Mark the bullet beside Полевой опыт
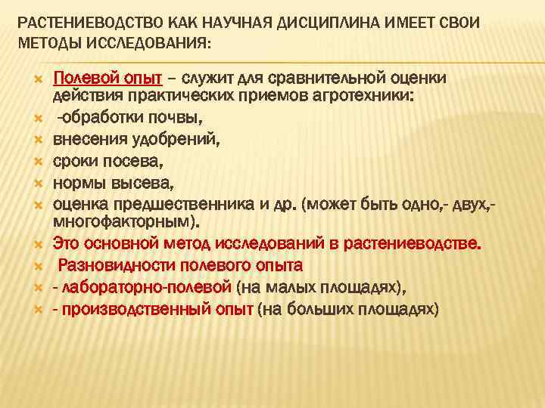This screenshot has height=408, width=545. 35,78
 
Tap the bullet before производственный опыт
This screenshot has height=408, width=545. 35,309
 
